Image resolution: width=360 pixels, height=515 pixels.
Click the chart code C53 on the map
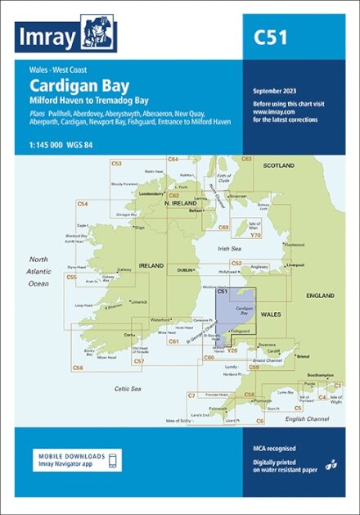(x=116, y=164)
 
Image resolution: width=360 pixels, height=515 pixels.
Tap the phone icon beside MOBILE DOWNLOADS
(x=113, y=460)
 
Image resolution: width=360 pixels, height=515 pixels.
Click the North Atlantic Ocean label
(x=38, y=270)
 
